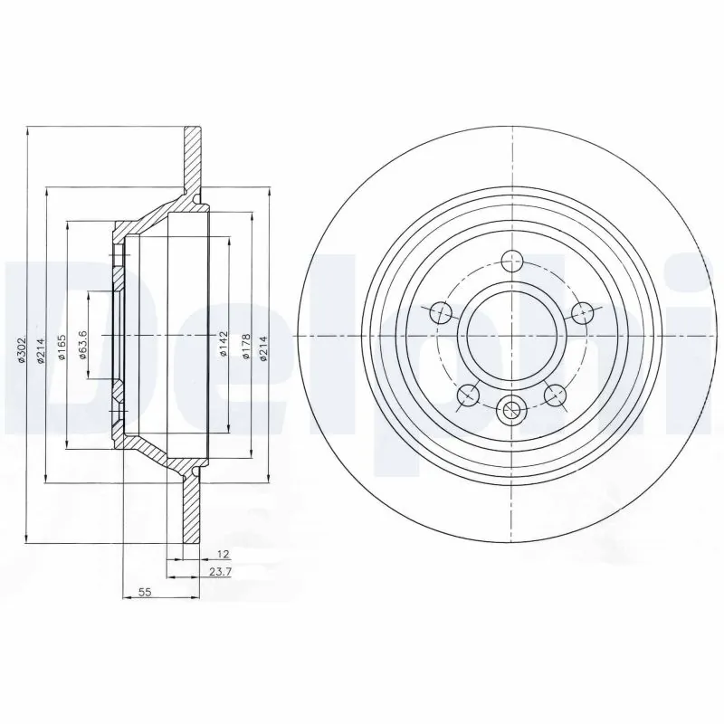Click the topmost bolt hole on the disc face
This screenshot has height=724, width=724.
[511, 260]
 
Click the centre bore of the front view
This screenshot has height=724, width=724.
[511, 336]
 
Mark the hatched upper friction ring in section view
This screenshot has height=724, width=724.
[192, 158]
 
